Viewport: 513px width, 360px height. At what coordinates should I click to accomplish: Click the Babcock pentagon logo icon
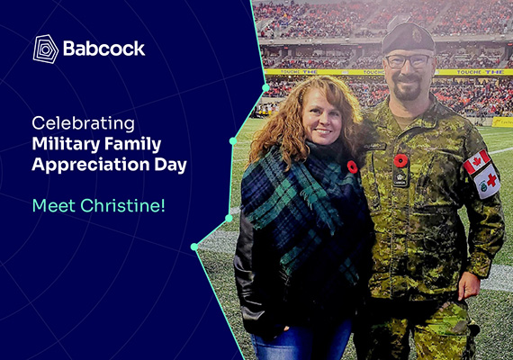coord(46,49)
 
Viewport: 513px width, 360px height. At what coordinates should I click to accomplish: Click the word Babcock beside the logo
coord(103,49)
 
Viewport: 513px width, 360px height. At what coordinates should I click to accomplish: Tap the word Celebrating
coord(83,123)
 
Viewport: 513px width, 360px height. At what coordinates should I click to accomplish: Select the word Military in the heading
coord(66,144)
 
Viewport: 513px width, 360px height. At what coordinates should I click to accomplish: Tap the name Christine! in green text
coord(122,205)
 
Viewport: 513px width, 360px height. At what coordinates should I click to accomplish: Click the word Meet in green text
coord(54,205)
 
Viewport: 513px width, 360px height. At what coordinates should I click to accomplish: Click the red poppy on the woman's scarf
coord(352,166)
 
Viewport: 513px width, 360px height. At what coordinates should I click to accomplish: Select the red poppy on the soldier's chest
coord(400,161)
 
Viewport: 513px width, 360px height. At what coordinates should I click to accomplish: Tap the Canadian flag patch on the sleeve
coord(477,162)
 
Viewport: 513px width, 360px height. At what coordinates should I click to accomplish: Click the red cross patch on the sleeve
coord(487,182)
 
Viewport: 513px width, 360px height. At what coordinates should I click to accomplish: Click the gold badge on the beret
coord(417,35)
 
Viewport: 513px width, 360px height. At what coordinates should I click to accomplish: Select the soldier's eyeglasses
coord(409,61)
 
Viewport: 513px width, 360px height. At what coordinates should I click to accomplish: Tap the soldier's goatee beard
coord(407,87)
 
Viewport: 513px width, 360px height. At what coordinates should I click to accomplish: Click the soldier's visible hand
coord(468,285)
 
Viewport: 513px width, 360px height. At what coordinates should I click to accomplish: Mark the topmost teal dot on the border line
coord(265,87)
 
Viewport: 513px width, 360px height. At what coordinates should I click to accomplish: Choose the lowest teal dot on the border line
coord(194,247)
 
